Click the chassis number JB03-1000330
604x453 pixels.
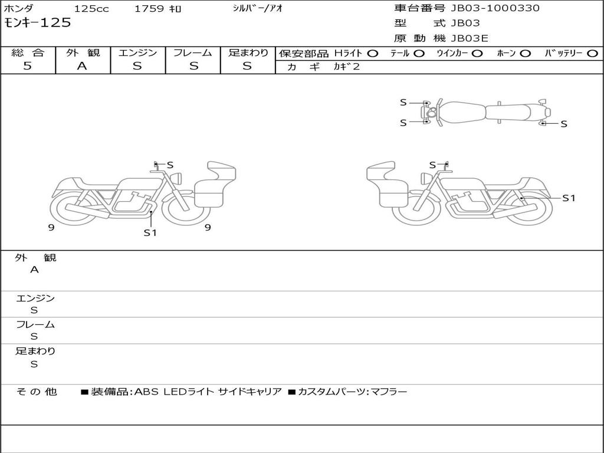pyautogui.click(x=495, y=8)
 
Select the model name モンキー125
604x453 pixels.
pyautogui.click(x=37, y=23)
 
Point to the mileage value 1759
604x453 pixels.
pyautogui.click(x=149, y=8)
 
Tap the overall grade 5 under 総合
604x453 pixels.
pyautogui.click(x=27, y=66)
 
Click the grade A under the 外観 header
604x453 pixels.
pyautogui.click(x=82, y=66)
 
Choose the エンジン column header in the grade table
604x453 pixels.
pyautogui.click(x=137, y=52)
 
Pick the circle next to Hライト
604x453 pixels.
pyautogui.click(x=372, y=54)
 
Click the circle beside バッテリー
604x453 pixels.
pyautogui.click(x=592, y=54)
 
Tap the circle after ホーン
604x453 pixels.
pyautogui.click(x=525, y=54)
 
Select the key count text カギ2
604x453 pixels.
pyautogui.click(x=346, y=67)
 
